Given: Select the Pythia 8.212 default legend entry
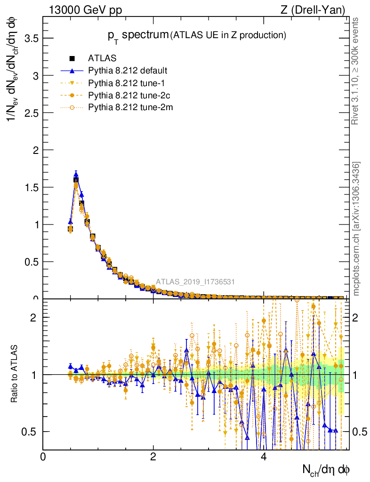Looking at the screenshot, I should [127, 71].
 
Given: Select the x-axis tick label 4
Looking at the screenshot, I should [264, 457].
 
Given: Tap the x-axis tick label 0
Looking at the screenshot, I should [43, 457].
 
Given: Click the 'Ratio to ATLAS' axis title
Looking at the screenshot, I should [15, 374].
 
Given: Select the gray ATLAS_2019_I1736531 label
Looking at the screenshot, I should [195, 282].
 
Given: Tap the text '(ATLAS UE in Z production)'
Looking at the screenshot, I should [228, 35].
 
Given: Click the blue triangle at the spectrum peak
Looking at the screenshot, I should [76, 174].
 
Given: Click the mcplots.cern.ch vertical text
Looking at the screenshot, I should [357, 229].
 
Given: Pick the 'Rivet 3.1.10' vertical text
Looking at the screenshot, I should [356, 71].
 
